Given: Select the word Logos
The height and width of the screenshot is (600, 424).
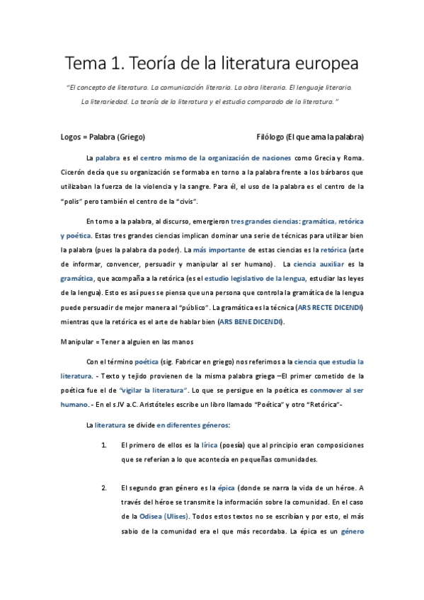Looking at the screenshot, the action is tap(72, 136).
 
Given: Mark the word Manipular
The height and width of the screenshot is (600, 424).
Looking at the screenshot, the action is tap(79, 341).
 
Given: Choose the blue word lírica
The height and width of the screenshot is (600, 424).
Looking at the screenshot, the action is tap(210, 445).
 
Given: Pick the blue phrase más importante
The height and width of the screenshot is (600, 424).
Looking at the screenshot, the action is tap(219, 250).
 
